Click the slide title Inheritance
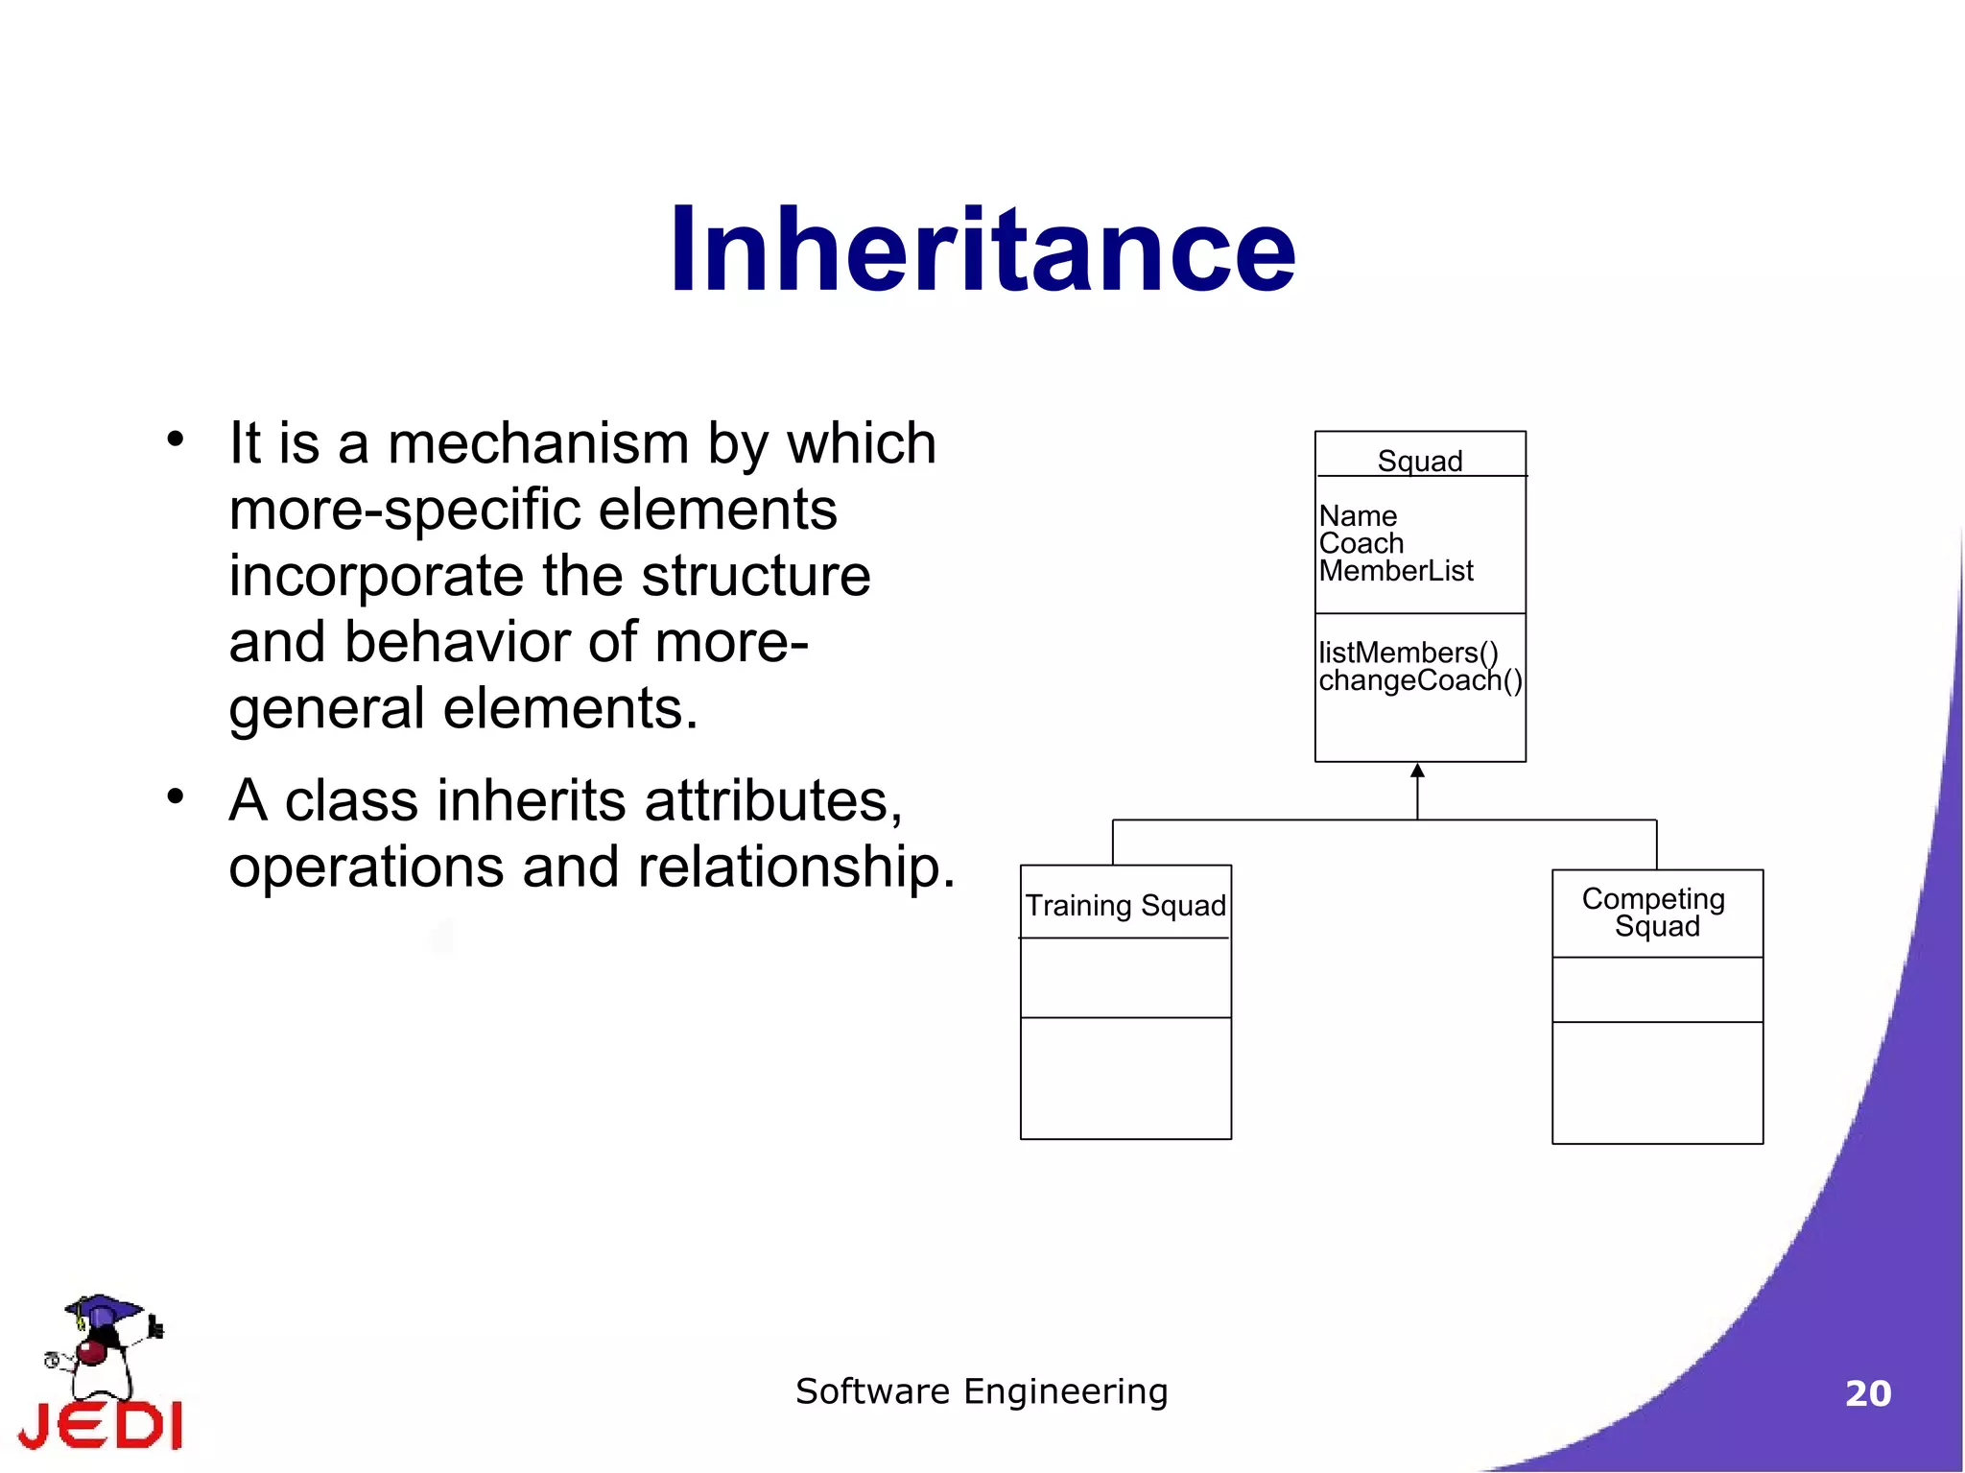(x=982, y=251)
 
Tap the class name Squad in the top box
(x=1419, y=461)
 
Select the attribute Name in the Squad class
(x=1358, y=516)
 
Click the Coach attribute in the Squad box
(x=1361, y=543)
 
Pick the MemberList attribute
(x=1395, y=571)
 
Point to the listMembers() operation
(x=1408, y=653)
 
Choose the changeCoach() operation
(x=1419, y=680)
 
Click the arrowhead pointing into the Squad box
(x=1417, y=771)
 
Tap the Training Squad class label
(x=1125, y=905)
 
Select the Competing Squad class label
(x=1655, y=912)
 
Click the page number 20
(x=1867, y=1393)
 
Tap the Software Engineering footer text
(x=982, y=1391)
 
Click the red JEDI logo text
(x=101, y=1425)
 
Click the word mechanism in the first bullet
(x=537, y=443)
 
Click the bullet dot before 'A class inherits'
(x=175, y=796)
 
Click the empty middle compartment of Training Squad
(x=1125, y=977)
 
